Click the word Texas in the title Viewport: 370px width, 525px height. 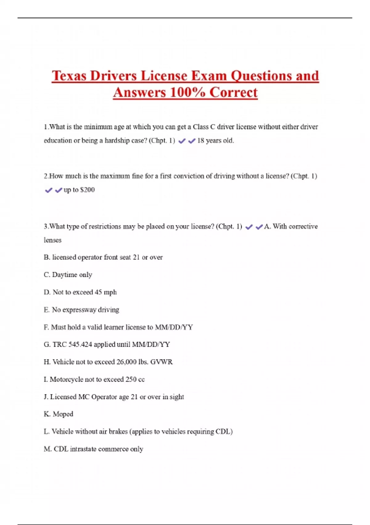tap(69, 76)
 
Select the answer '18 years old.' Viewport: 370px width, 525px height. tap(216, 141)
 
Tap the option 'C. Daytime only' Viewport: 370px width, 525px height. tap(68, 275)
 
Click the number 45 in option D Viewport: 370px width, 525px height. tap(98, 292)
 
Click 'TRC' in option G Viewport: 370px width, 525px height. tap(60, 344)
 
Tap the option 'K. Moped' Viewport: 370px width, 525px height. tap(59, 414)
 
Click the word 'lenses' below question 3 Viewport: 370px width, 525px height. tap(52, 240)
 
